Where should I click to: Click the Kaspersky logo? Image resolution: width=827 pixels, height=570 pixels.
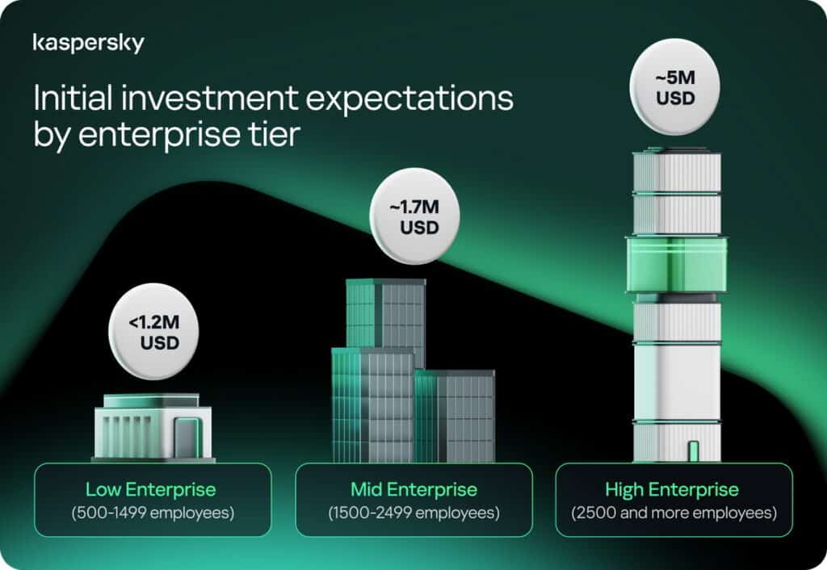[88, 44]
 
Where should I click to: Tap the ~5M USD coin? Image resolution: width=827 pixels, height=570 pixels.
[674, 87]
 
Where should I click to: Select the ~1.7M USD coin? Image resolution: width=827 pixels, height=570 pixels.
[414, 216]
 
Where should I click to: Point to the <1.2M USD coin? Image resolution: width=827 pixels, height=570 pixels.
[153, 332]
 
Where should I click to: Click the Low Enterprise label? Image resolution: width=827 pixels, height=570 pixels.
[151, 489]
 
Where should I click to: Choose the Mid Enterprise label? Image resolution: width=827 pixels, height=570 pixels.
[414, 489]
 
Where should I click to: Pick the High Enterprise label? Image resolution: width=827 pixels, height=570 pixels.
[672, 490]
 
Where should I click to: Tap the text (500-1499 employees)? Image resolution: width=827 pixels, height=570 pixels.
[153, 513]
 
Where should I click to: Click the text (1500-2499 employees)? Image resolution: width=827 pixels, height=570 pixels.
[414, 513]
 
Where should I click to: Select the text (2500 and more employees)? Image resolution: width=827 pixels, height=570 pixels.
[674, 513]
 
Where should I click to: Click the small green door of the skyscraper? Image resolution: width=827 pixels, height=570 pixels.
[694, 451]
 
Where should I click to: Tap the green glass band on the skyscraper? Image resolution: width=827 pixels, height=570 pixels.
[677, 264]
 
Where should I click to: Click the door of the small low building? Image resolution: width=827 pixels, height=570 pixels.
[187, 438]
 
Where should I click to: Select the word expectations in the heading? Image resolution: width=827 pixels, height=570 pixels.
[409, 99]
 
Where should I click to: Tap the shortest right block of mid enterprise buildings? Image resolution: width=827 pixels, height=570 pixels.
[455, 416]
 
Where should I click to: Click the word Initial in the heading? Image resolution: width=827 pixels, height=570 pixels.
[73, 98]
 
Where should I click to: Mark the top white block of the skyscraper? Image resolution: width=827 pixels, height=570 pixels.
[677, 171]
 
